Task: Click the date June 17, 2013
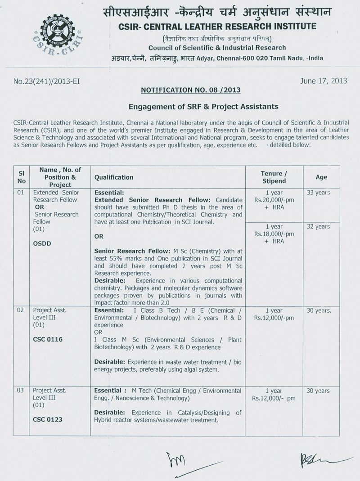(323, 81)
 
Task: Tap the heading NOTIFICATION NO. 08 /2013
(191, 90)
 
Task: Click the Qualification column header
(114, 177)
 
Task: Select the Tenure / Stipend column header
(274, 177)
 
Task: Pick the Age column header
(321, 177)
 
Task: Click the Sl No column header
(21, 177)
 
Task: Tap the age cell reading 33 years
(318, 193)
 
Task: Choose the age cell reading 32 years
(318, 226)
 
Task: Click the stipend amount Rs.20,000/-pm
(274, 200)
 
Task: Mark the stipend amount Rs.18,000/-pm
(274, 234)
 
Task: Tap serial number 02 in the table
(20, 310)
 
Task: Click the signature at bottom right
(315, 460)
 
